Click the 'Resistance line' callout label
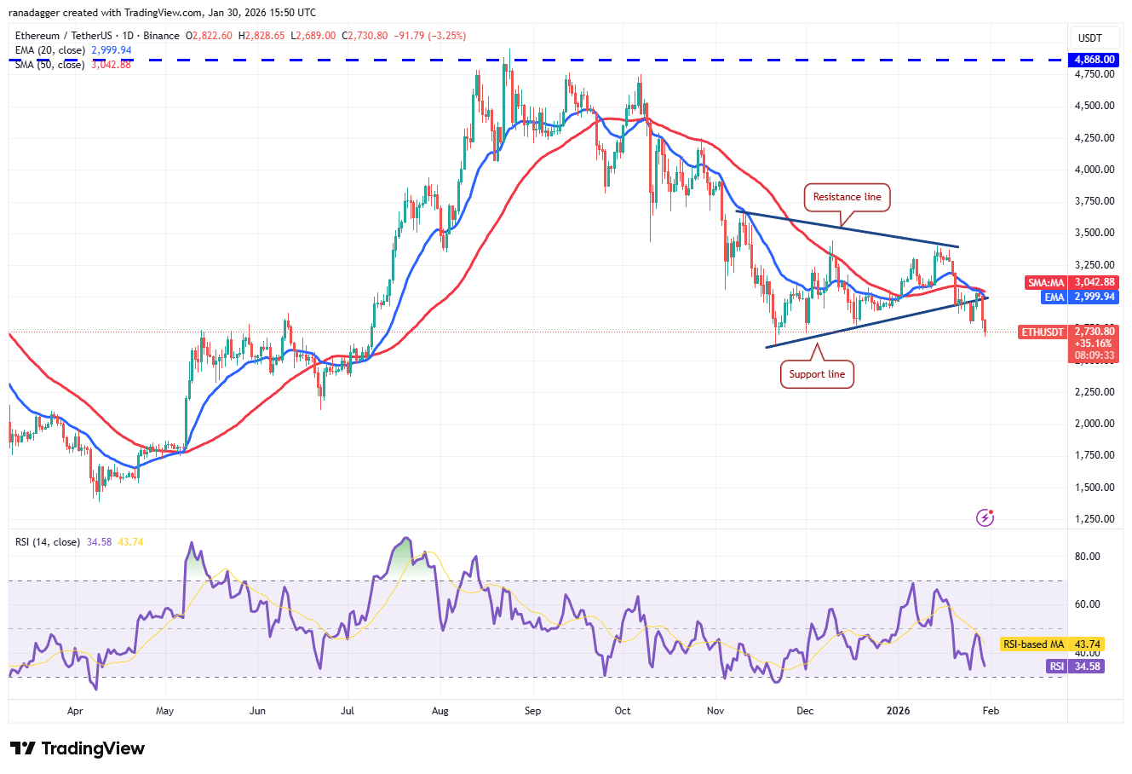pyautogui.click(x=847, y=197)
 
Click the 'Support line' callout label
pyautogui.click(x=817, y=374)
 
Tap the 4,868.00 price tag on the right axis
pyautogui.click(x=1095, y=60)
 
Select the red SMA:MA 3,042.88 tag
pyautogui.click(x=1071, y=282)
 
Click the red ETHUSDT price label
pyautogui.click(x=1043, y=332)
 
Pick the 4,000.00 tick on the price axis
pyautogui.click(x=1094, y=170)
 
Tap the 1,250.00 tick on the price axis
pyautogui.click(x=1094, y=518)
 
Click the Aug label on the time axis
pyautogui.click(x=440, y=710)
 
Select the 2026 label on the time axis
pyautogui.click(x=898, y=710)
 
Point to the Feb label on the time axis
pyautogui.click(x=991, y=710)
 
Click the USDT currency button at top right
pyautogui.click(x=1090, y=38)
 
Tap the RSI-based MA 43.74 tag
pyautogui.click(x=1052, y=644)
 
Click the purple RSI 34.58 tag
pyautogui.click(x=1075, y=667)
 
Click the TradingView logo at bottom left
pyautogui.click(x=78, y=748)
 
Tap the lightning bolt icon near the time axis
pyautogui.click(x=985, y=517)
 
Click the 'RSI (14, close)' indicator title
pyautogui.click(x=48, y=542)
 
